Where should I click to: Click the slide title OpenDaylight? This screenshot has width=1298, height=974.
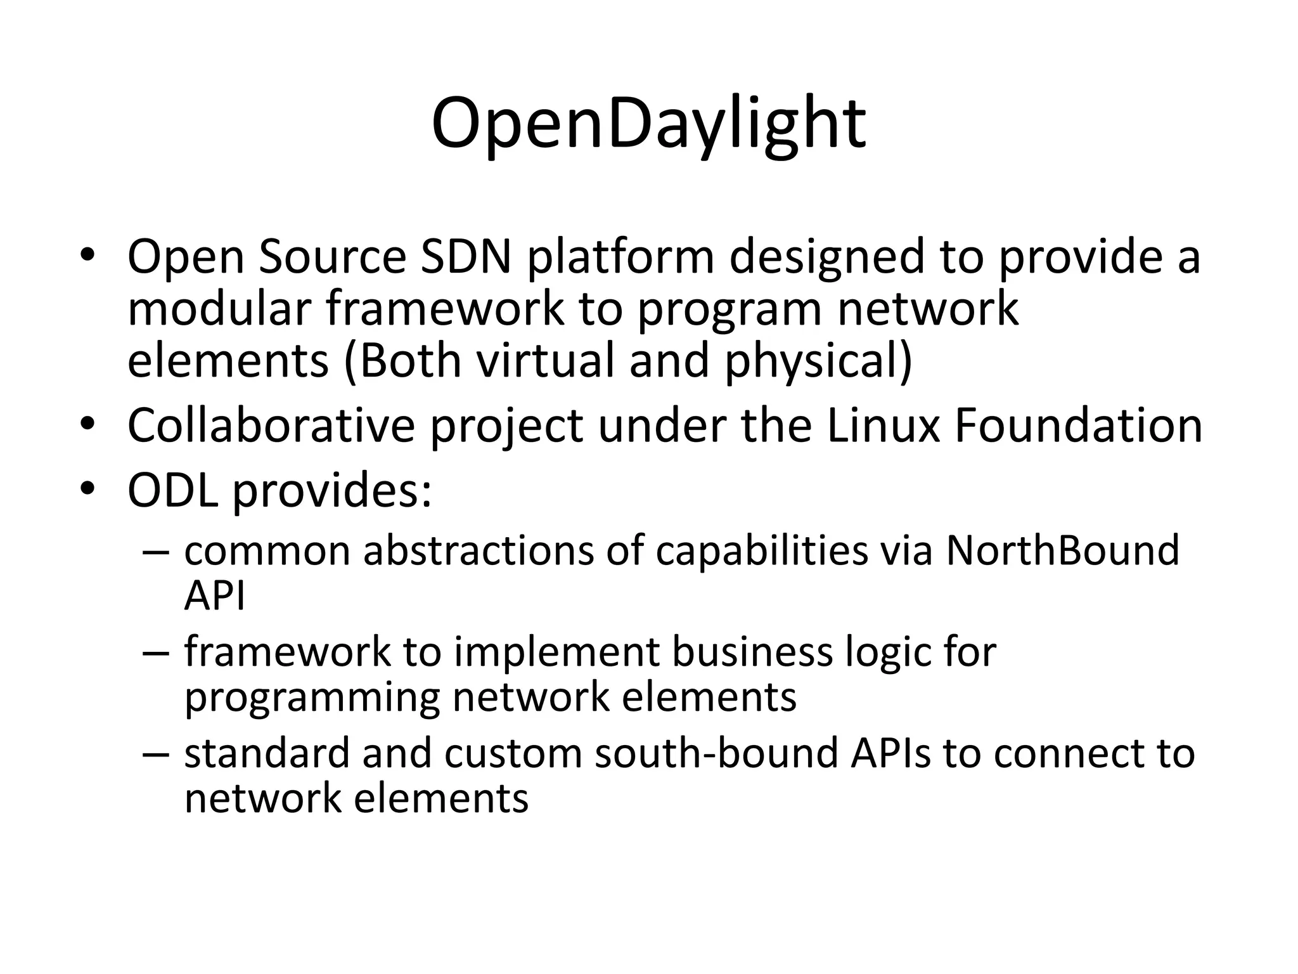(x=648, y=124)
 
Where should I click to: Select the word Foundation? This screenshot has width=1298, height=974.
(x=1078, y=425)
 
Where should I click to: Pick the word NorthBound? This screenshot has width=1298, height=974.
(x=1062, y=550)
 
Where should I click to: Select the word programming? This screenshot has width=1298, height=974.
(x=312, y=698)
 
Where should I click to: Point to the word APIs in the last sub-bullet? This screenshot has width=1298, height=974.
(x=890, y=753)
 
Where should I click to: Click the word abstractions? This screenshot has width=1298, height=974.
(x=478, y=550)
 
